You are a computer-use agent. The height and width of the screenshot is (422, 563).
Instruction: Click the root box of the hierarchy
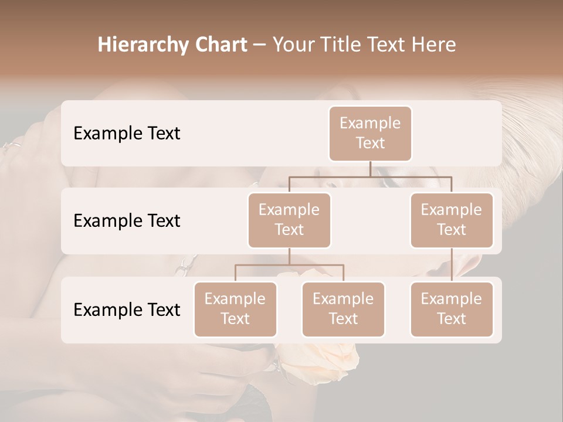(x=370, y=133)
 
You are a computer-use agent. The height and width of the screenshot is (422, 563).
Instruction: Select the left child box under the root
(x=289, y=220)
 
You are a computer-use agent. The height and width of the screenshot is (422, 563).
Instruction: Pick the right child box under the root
(x=452, y=220)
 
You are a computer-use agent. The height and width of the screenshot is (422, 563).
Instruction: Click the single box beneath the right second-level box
(x=452, y=309)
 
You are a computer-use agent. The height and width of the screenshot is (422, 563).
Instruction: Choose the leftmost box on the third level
(x=235, y=309)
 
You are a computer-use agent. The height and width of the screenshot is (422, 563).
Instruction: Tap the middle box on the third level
(x=343, y=309)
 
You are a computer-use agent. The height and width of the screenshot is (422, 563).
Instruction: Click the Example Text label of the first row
(x=127, y=133)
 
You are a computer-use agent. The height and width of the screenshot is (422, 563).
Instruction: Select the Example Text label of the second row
(x=127, y=220)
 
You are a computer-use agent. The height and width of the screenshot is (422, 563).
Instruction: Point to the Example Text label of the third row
(x=127, y=309)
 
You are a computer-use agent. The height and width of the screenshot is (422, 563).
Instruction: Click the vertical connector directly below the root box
(x=370, y=169)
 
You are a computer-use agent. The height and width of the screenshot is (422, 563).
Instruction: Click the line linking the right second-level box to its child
(x=452, y=265)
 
